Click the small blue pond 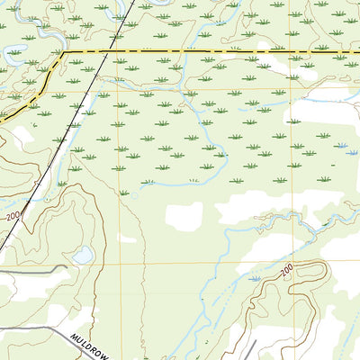tap(82, 256)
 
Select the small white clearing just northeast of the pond tap(126, 239)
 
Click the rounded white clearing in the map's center tap(184, 214)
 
